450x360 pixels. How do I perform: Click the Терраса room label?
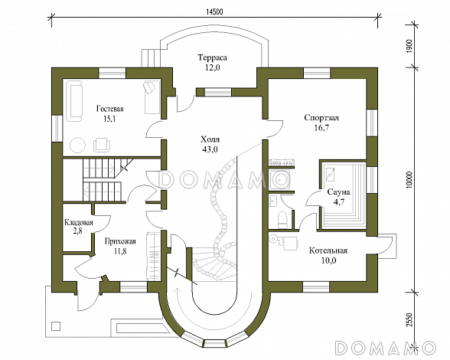pos(213,57)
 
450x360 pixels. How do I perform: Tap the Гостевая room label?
pos(110,110)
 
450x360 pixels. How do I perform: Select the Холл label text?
pos(210,139)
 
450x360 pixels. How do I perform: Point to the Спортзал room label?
pos(321,118)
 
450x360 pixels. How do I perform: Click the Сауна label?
pos(338,192)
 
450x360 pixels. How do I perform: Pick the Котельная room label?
pos(328,250)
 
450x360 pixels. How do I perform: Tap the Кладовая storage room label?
pos(79,222)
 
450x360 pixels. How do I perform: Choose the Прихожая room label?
pos(120,241)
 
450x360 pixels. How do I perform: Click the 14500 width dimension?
pos(214,11)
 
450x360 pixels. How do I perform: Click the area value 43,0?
pos(210,149)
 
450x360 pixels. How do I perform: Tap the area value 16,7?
pos(321,128)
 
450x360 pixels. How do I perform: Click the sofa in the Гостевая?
pos(74,101)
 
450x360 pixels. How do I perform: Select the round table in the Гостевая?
pos(78,145)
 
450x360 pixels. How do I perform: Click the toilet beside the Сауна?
pos(282,220)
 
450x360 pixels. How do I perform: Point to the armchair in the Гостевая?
pos(101,144)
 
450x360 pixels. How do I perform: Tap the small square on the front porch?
pos(56,326)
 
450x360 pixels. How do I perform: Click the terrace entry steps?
pos(151,58)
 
